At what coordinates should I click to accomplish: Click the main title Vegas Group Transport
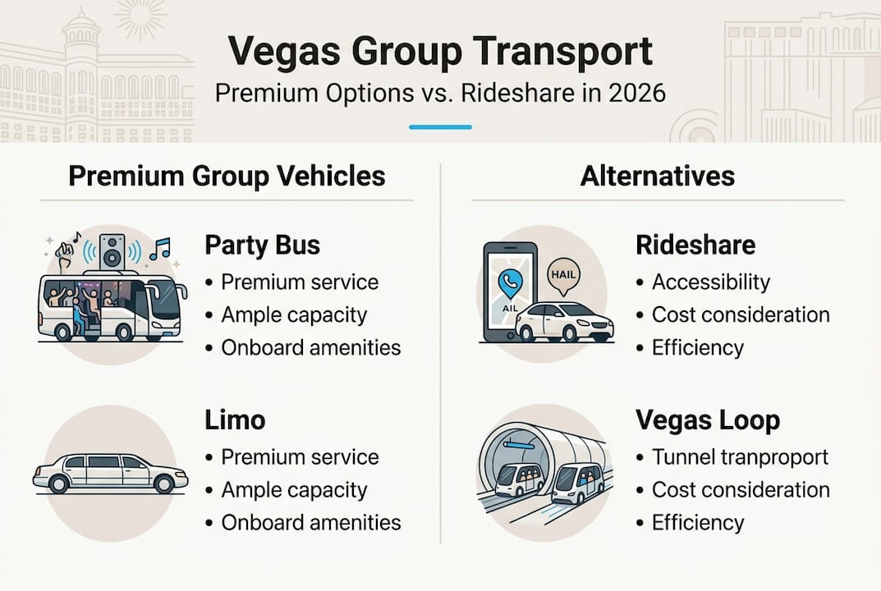coord(440,51)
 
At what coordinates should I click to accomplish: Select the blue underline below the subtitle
coord(440,127)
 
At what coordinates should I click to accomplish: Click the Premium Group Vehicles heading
coord(226,176)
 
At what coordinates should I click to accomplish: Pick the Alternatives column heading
coord(657,176)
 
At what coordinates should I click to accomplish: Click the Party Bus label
coord(262,245)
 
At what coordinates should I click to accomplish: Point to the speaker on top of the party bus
coord(112,250)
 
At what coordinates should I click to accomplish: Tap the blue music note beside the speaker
coord(159,248)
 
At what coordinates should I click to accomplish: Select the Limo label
coord(234,420)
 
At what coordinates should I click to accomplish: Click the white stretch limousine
coord(110,474)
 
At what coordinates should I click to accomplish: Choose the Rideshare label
coord(695,245)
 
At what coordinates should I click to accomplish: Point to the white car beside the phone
coord(564,322)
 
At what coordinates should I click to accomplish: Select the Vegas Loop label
coord(707,420)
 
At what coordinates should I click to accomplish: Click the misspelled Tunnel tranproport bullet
coord(740,456)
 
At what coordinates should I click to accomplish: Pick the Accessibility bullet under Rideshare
coord(710,282)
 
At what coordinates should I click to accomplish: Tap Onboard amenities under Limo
coord(310,522)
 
